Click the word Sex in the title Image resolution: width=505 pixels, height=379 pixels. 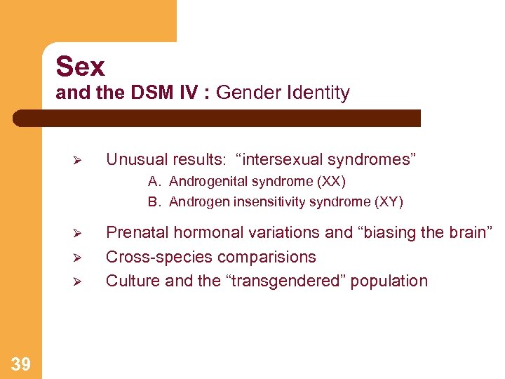coord(81,67)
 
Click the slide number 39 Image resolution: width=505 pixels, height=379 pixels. coord(21,363)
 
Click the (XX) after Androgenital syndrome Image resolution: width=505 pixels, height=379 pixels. coord(332,182)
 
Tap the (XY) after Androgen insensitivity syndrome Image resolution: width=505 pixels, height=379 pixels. coord(389,202)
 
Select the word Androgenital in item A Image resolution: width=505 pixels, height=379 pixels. coord(206,182)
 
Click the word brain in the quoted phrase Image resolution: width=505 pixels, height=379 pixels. coord(468,232)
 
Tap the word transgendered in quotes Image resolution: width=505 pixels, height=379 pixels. coord(284,281)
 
